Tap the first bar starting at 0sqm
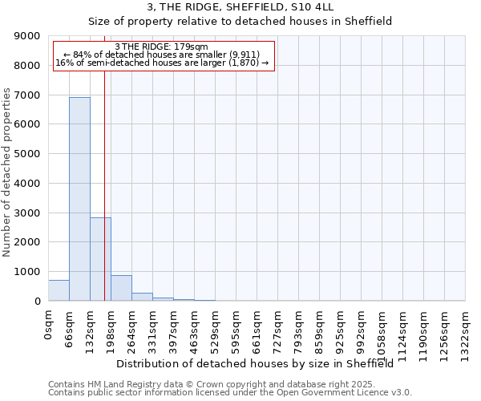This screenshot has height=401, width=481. [59, 290]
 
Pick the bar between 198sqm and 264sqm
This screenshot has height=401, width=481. [121, 288]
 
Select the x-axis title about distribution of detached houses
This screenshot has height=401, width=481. [260, 363]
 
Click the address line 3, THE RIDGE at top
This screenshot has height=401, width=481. [240, 7]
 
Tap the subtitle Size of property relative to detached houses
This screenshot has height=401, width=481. [240, 22]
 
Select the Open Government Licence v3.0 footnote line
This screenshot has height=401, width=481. [229, 393]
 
